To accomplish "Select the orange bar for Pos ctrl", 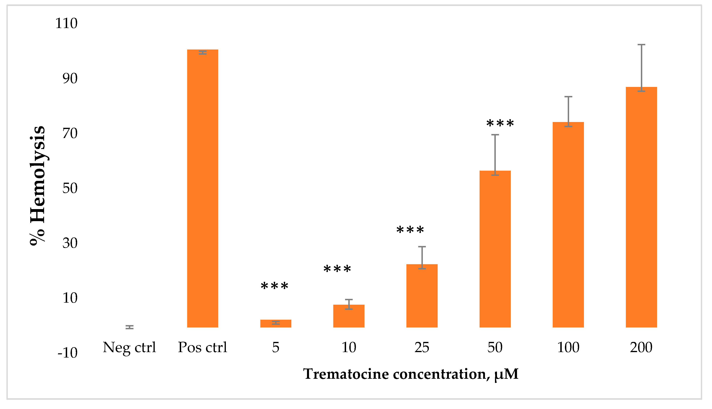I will point(203,188).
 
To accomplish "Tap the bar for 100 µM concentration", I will point(568,225).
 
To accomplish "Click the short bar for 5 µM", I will point(276,324).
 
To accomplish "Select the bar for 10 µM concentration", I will point(349,316).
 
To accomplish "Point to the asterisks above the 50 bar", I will point(500,124).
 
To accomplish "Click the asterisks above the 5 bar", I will point(275,287).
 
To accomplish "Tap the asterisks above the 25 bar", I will point(410,230).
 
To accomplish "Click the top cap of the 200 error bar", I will point(641,45).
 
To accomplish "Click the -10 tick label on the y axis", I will point(68,353).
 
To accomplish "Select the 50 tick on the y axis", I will point(70,188).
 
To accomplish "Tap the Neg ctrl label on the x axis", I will point(129,348).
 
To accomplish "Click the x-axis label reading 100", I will point(568,348).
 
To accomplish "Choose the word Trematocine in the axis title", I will point(346,374).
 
